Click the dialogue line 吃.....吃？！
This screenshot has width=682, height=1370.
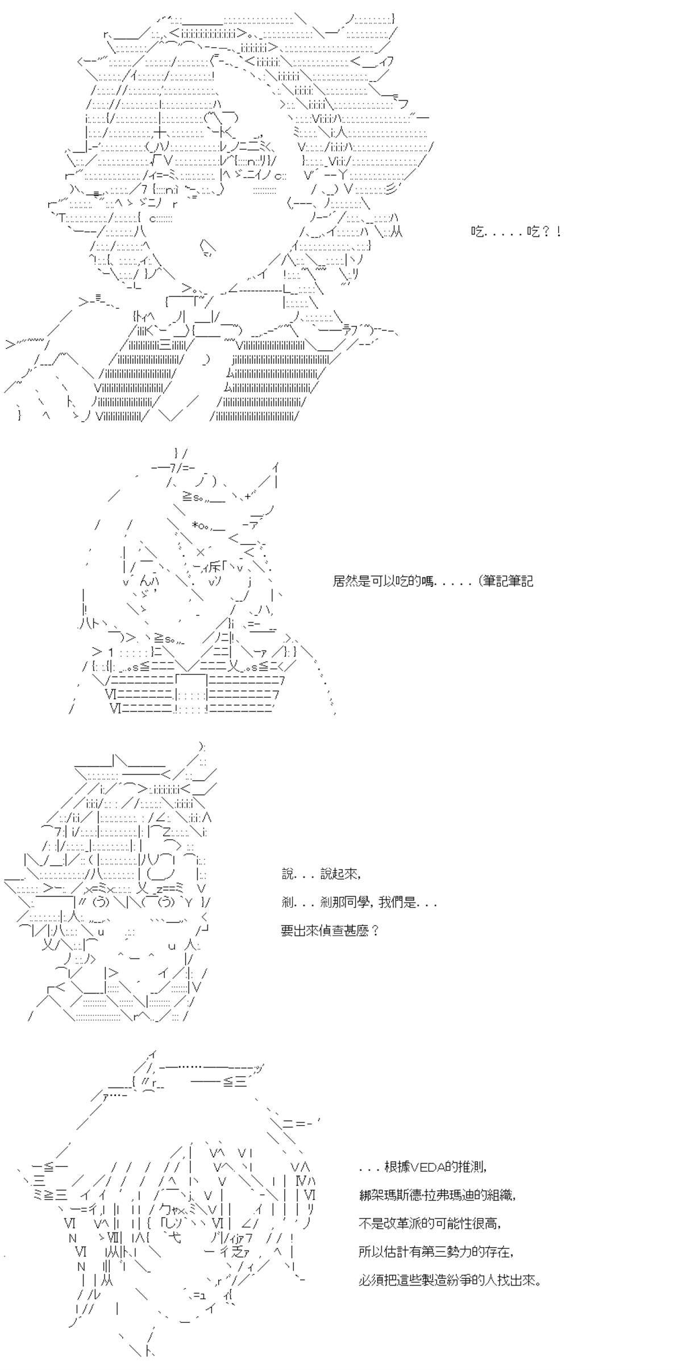[516, 231]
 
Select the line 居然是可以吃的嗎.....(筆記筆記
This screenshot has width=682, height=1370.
[433, 581]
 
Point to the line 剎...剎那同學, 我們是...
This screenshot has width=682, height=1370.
[359, 903]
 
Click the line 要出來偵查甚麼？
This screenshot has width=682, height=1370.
[330, 931]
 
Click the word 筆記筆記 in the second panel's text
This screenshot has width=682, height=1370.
[508, 581]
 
